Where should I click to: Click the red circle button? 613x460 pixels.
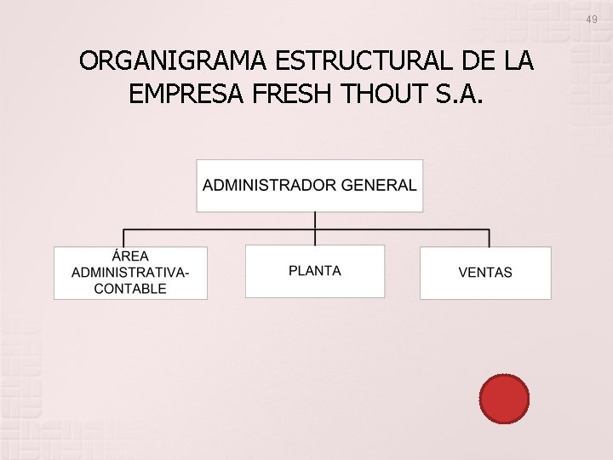(504, 399)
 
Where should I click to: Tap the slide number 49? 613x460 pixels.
(591, 19)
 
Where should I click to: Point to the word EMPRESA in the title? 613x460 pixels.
(189, 94)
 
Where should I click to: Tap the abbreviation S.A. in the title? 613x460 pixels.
(461, 94)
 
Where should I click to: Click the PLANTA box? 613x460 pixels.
(315, 272)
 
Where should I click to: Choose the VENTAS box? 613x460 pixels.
(485, 273)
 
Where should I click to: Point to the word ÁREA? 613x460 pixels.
(130, 256)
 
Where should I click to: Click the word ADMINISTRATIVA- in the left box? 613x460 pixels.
(130, 273)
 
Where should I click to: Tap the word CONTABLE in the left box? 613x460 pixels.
(130, 289)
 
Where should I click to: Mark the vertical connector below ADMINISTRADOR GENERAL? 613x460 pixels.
(315, 221)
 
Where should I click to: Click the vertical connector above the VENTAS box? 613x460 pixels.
(490, 238)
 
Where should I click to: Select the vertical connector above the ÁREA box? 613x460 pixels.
(124, 238)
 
